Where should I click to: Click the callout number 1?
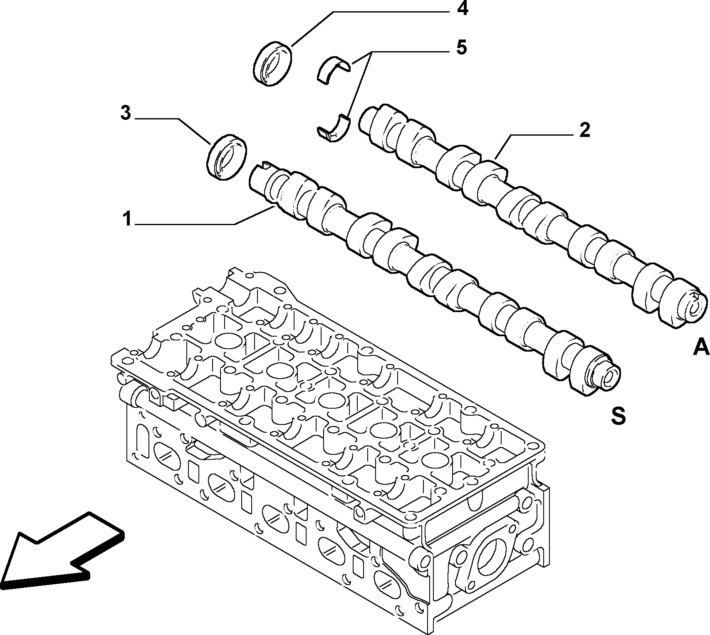click(127, 219)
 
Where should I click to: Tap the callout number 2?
click(584, 130)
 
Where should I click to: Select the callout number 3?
click(126, 114)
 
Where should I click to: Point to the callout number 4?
click(462, 8)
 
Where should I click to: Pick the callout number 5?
click(461, 47)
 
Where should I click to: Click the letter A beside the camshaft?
click(701, 347)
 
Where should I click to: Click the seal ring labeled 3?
click(227, 157)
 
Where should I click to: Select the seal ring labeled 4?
click(272, 63)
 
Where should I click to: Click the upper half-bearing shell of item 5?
click(336, 69)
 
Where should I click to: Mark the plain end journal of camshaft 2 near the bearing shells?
click(369, 121)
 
